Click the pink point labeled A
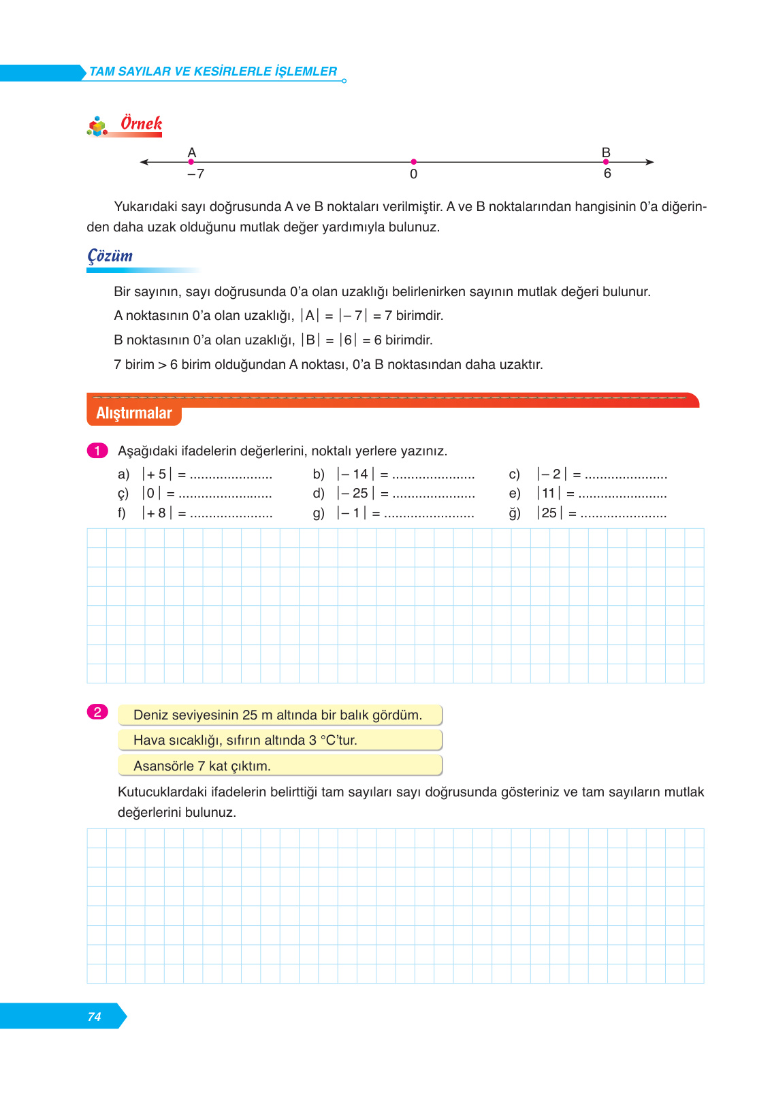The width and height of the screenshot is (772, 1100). click(191, 162)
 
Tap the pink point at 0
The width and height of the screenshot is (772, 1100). click(413, 162)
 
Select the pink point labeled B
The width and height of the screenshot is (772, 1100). click(606, 162)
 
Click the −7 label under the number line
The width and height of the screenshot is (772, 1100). click(195, 174)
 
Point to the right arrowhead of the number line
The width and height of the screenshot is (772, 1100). click(649, 162)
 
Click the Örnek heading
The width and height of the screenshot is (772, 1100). click(141, 124)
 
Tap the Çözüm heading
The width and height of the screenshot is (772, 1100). click(110, 256)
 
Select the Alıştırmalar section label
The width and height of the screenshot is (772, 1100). click(134, 413)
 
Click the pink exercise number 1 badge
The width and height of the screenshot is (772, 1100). click(97, 451)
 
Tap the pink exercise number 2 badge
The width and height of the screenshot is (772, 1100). click(97, 712)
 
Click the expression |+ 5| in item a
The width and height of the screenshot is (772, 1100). click(157, 474)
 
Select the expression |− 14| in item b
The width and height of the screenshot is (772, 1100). click(355, 474)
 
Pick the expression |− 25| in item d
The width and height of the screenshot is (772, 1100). click(355, 494)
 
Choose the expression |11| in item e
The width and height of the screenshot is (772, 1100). click(549, 494)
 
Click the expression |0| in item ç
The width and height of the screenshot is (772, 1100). click(151, 494)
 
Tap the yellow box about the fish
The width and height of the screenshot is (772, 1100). click(280, 715)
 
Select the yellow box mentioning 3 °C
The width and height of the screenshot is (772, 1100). click(280, 741)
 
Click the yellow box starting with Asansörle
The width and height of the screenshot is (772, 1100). click(280, 766)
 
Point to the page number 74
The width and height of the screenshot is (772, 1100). click(94, 1017)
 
